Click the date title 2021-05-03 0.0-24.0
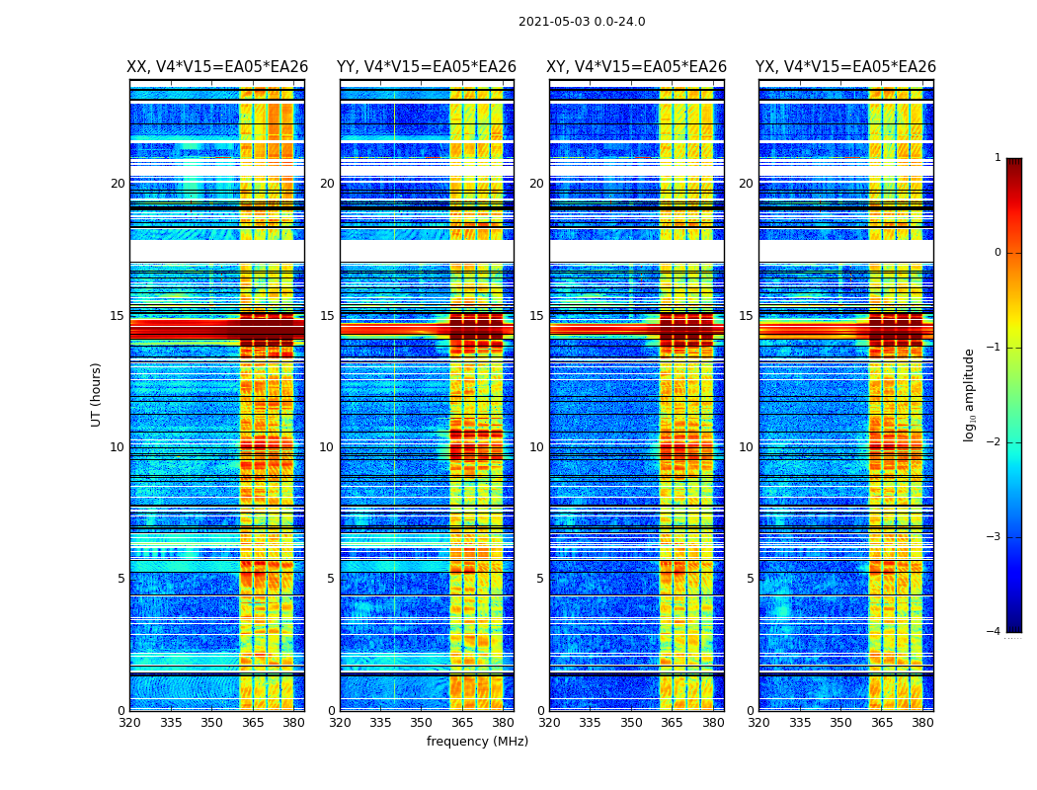[x=582, y=22]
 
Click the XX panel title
[x=217, y=67]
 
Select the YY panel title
[x=427, y=67]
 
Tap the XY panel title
[x=636, y=67]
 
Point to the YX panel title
[x=845, y=67]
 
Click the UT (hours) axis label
[x=97, y=394]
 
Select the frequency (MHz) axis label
[x=477, y=742]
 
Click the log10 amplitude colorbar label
[x=970, y=394]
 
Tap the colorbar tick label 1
[x=997, y=158]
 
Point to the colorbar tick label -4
[x=995, y=632]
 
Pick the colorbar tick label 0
[x=997, y=253]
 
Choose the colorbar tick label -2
[x=995, y=442]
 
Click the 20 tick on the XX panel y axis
[x=118, y=184]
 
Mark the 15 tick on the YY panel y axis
[x=327, y=316]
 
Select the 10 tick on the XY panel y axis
[x=536, y=447]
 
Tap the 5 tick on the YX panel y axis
[x=751, y=579]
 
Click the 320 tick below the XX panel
[x=130, y=723]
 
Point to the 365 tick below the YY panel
[x=462, y=723]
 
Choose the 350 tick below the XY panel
[x=631, y=723]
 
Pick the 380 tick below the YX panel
[x=922, y=723]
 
